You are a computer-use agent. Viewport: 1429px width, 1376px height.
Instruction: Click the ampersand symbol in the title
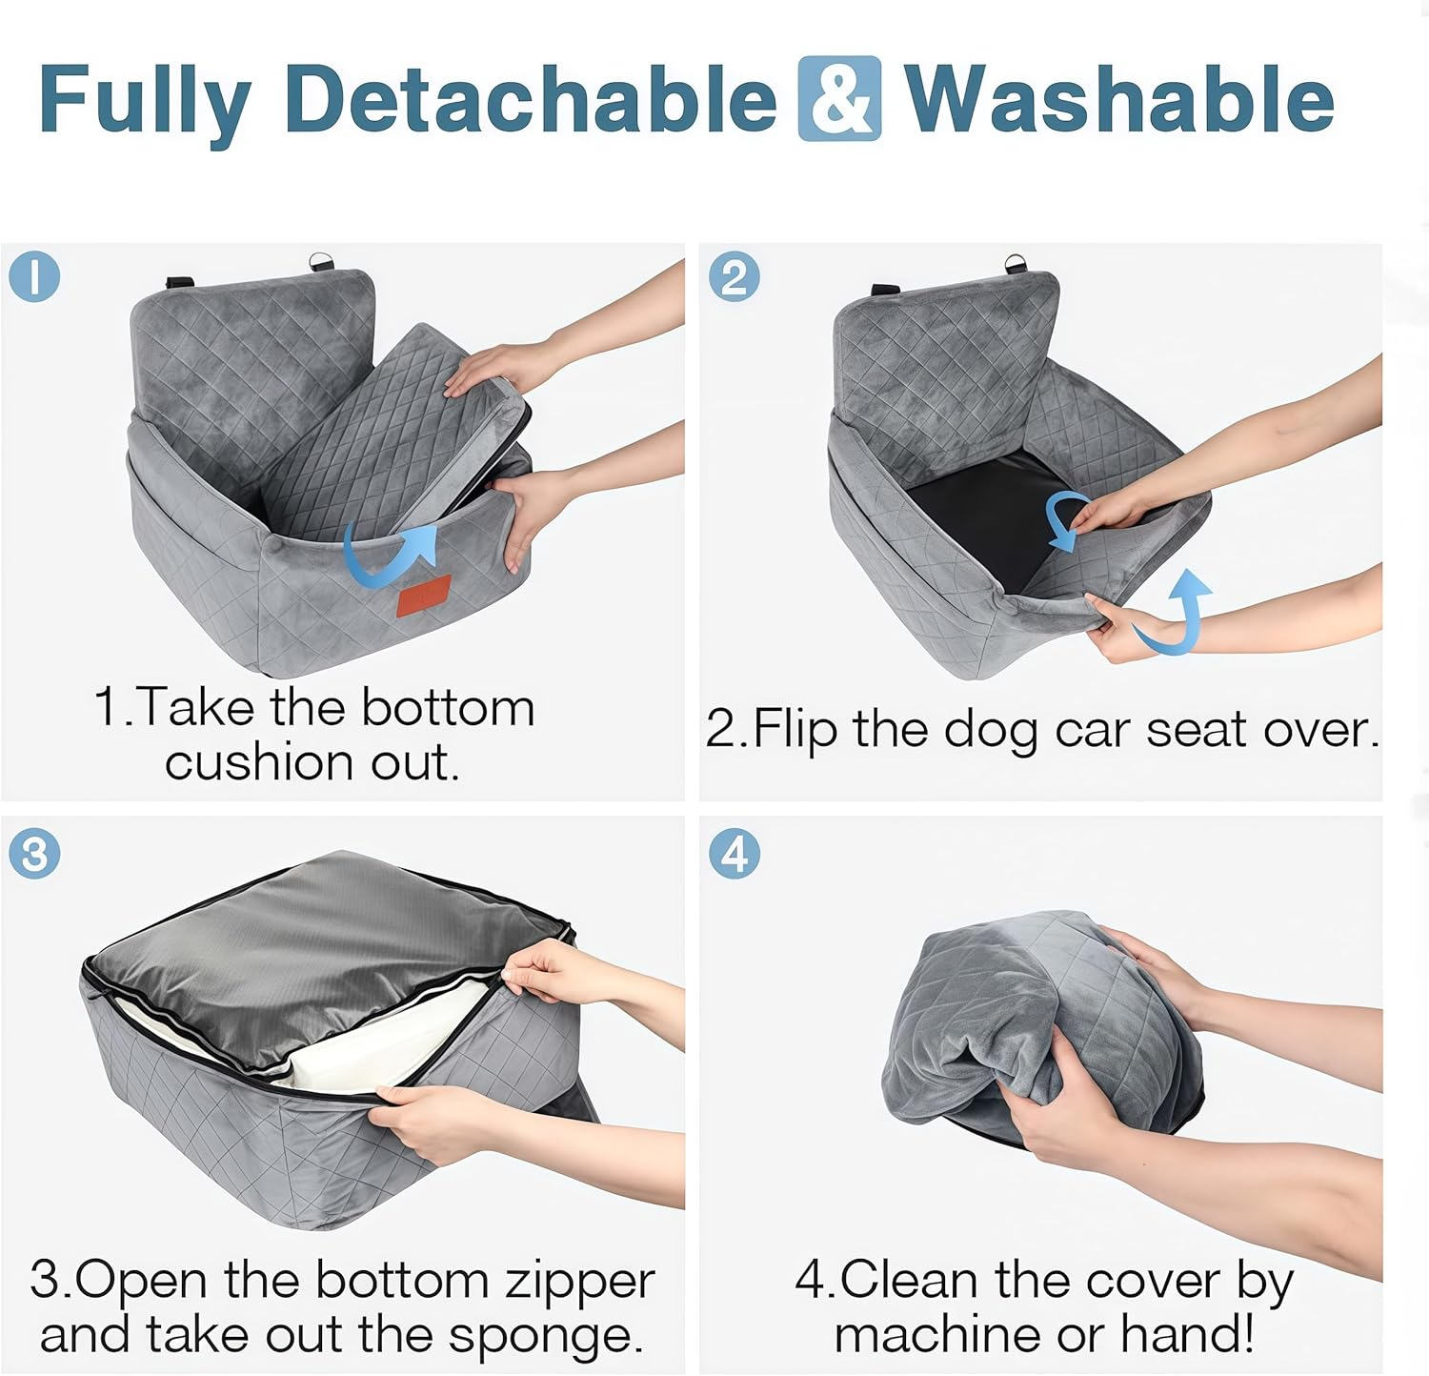(x=839, y=99)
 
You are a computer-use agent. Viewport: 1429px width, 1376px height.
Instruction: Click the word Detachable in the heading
(x=531, y=99)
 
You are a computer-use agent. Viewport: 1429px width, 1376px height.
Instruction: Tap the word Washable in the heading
(x=1118, y=99)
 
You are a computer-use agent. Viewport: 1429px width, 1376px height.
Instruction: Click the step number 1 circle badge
(x=34, y=277)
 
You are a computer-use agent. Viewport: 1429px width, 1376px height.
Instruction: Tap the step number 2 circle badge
(x=734, y=277)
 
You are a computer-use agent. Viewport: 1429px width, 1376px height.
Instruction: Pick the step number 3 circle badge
(x=34, y=854)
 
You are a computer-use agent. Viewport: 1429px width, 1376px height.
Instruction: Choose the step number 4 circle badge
(x=734, y=854)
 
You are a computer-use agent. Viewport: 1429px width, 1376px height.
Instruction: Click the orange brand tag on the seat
(x=424, y=597)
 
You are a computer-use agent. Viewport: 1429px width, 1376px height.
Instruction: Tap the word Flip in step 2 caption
(x=795, y=730)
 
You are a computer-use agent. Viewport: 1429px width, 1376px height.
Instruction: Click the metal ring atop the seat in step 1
(x=318, y=260)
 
